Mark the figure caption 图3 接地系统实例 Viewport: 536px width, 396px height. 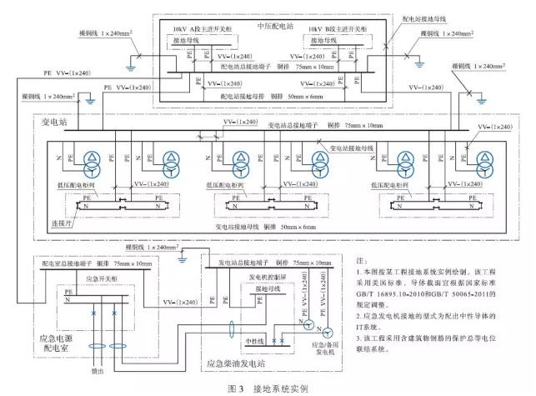pos(268,388)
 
